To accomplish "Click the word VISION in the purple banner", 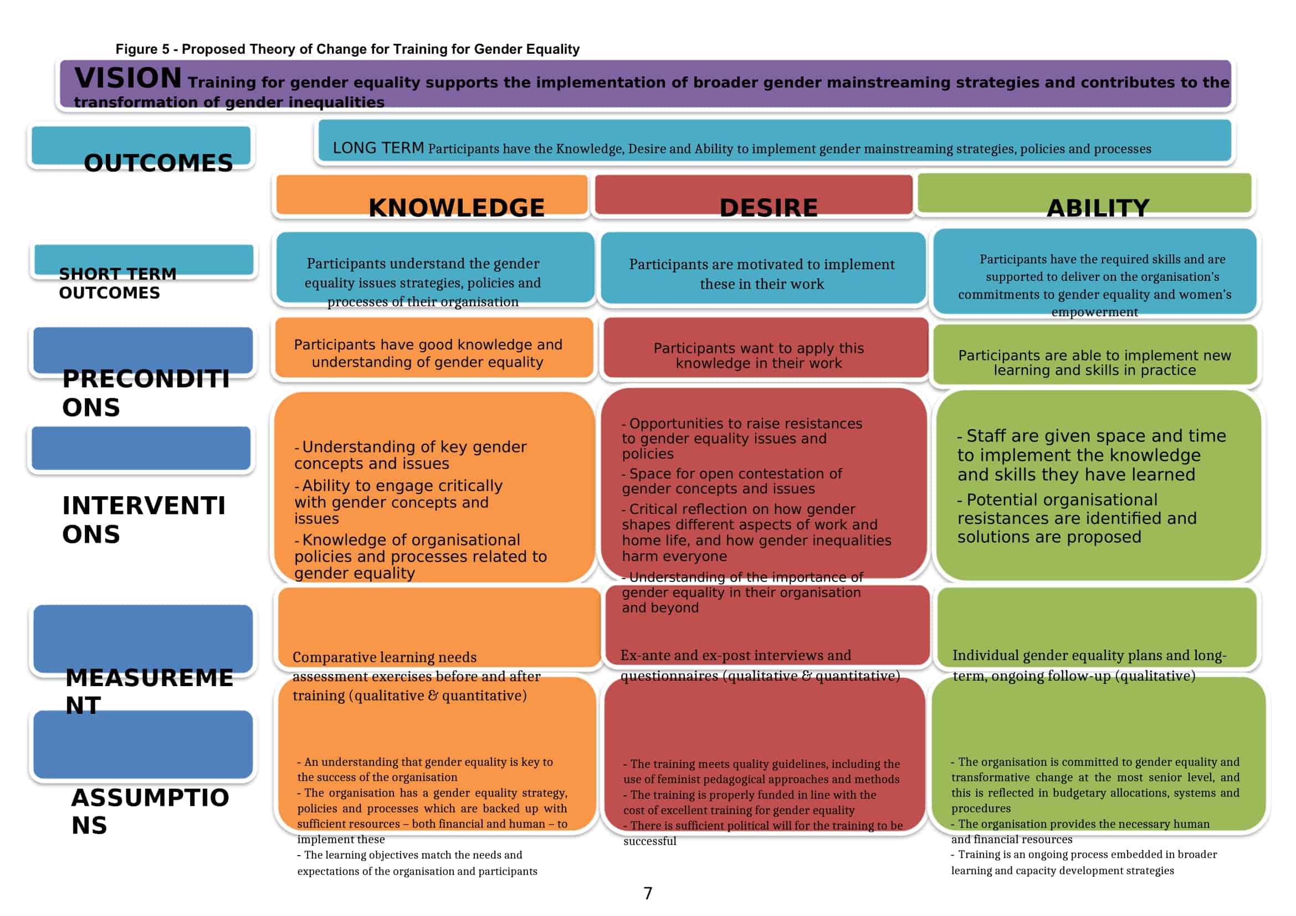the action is click(x=128, y=78).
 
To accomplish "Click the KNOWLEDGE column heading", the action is click(x=457, y=208).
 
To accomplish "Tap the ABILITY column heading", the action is click(x=1098, y=208).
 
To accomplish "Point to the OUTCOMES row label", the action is click(x=158, y=163).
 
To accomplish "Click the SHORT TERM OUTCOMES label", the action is click(x=117, y=283).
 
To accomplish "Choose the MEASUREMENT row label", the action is click(x=149, y=691).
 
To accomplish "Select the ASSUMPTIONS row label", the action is click(x=150, y=811).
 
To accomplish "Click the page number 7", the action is click(x=648, y=893).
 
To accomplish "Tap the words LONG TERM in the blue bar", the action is click(x=378, y=148).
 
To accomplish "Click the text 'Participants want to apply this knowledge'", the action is click(x=759, y=356).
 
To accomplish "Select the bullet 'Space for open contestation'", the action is click(x=732, y=481).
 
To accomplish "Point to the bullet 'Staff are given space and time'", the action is click(x=1092, y=455).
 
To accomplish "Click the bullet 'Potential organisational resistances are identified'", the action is click(x=1077, y=518).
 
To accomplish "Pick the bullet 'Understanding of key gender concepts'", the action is click(x=411, y=455).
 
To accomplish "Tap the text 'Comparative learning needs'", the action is click(x=385, y=657).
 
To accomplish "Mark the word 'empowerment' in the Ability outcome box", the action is click(x=1094, y=312).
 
